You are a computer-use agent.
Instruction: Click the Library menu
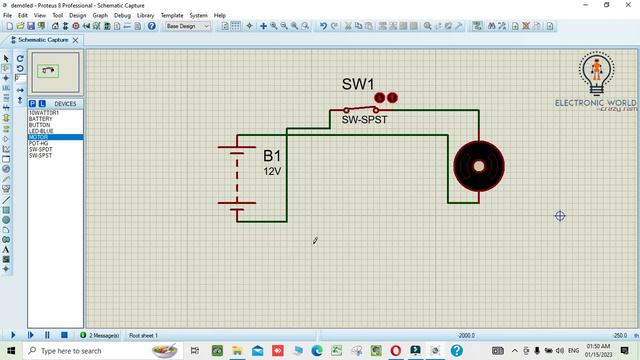[146, 16]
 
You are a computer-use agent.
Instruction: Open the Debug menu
[122, 16]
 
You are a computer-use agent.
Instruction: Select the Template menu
[172, 16]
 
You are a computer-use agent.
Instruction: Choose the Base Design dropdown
[187, 27]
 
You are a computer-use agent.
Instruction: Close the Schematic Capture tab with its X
[74, 40]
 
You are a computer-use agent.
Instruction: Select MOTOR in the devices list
[39, 137]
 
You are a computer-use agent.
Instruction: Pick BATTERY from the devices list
[41, 119]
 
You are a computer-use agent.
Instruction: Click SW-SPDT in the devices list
[41, 149]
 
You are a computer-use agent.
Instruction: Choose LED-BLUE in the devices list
[42, 131]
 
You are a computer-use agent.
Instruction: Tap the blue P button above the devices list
[31, 103]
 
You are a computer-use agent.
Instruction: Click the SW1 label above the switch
[357, 85]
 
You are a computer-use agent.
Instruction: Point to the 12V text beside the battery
[273, 171]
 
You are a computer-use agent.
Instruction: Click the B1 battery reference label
[273, 156]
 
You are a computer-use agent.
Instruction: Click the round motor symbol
[478, 166]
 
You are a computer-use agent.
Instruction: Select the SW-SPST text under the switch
[365, 120]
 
